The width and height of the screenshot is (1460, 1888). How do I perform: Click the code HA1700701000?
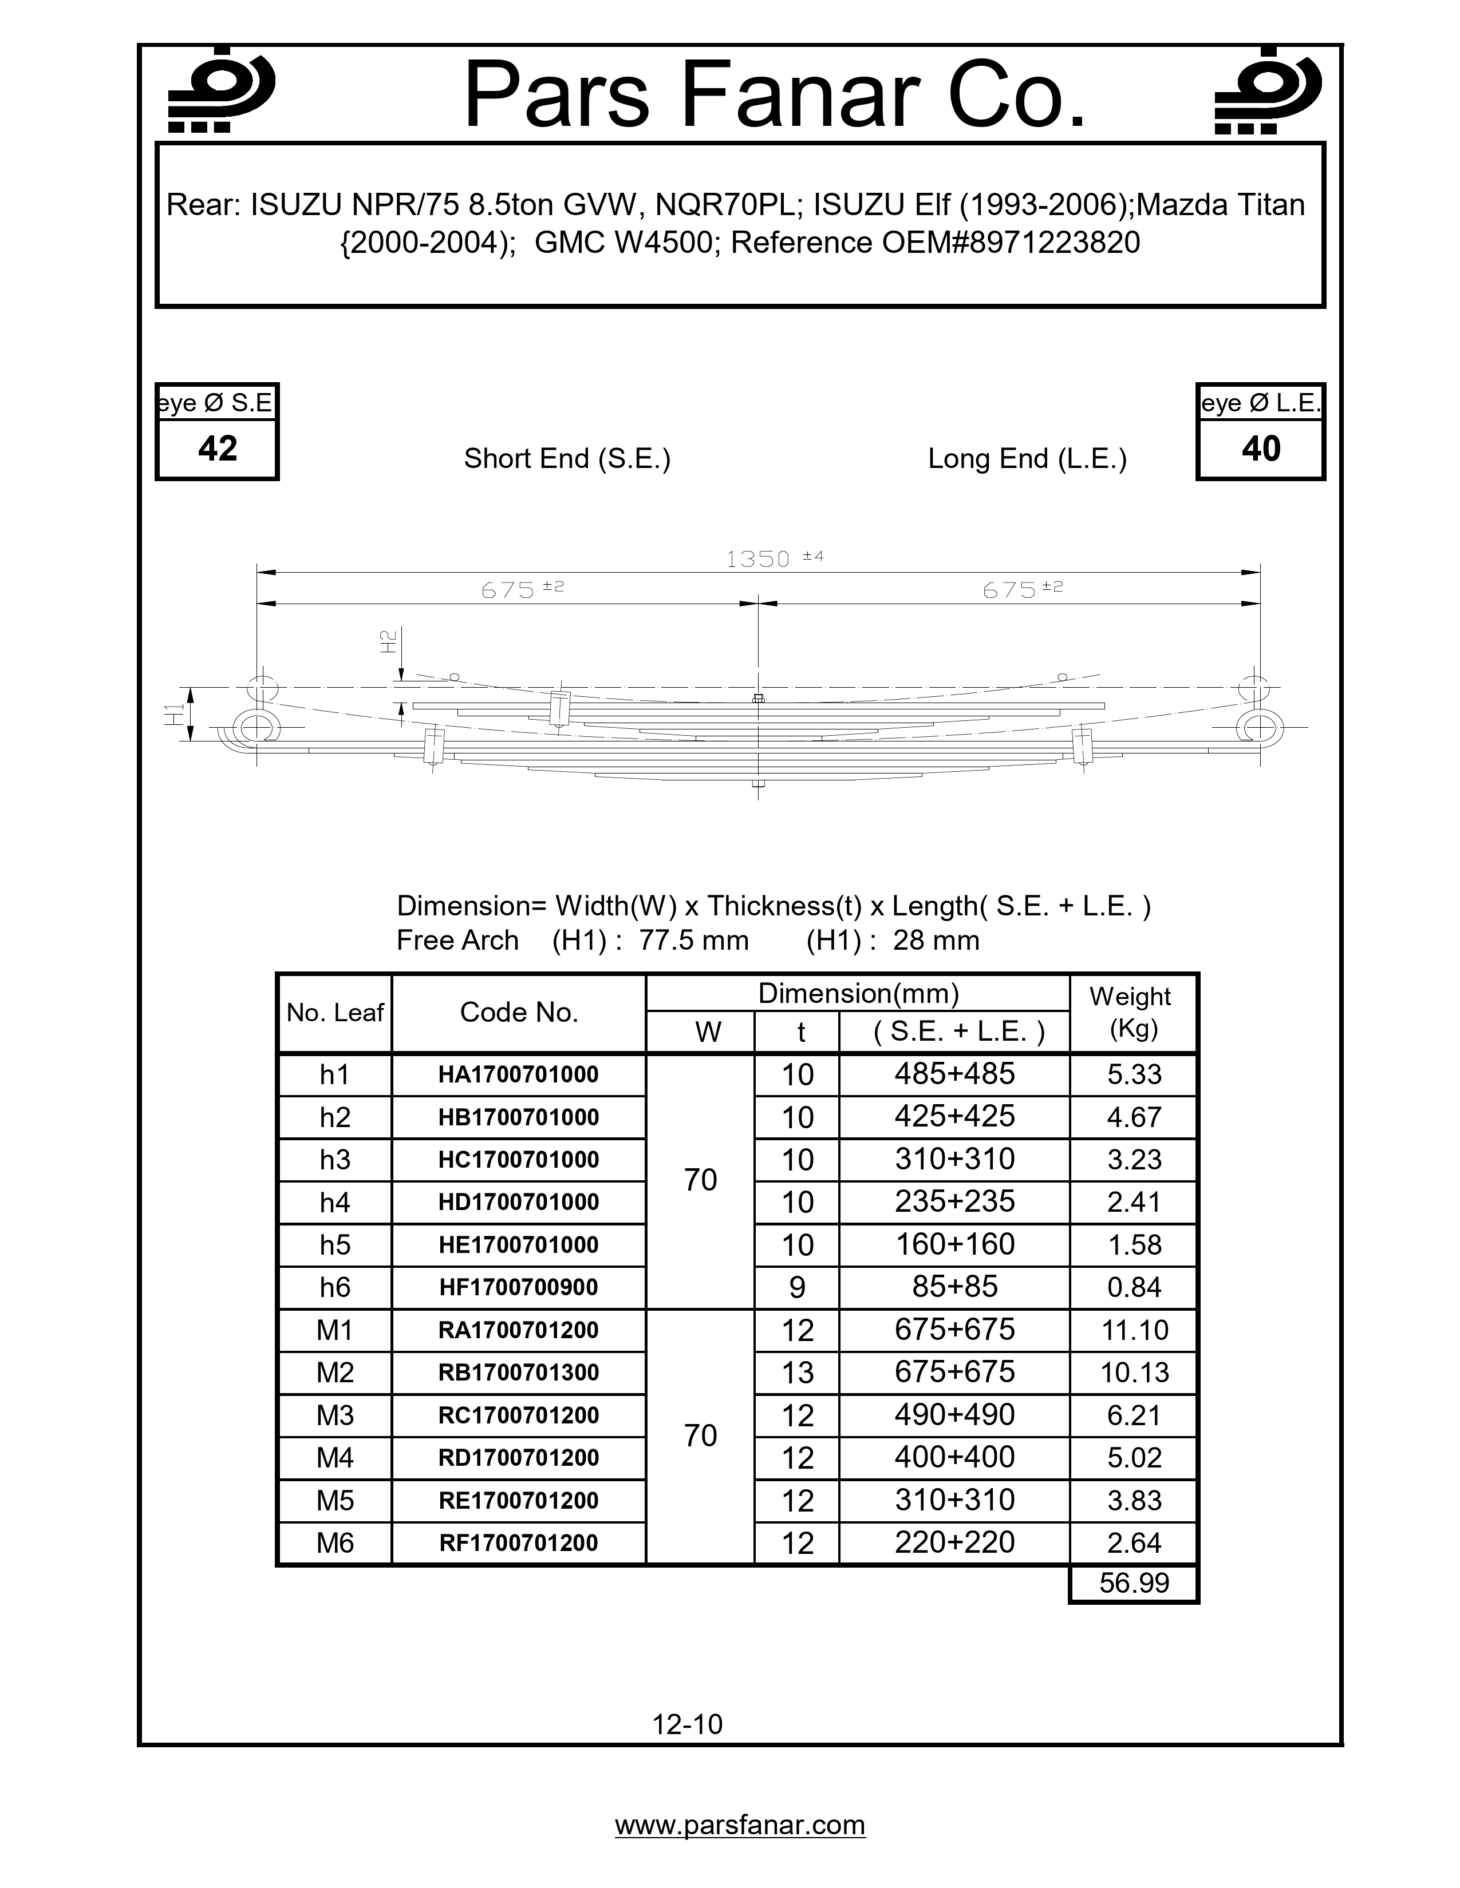[x=518, y=1074]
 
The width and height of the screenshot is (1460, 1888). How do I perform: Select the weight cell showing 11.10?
[x=1134, y=1330]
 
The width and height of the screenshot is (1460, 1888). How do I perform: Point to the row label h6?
[x=335, y=1287]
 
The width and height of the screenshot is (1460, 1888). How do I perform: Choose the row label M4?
[x=335, y=1458]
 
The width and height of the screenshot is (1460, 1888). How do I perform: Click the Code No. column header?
[x=518, y=1012]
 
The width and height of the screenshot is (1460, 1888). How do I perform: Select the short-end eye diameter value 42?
[x=217, y=449]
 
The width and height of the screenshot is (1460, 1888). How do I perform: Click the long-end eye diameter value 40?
[x=1260, y=449]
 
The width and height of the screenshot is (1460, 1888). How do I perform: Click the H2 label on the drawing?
[x=388, y=641]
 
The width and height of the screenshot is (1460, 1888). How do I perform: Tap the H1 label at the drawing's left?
[x=176, y=714]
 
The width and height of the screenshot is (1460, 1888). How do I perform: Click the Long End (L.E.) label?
[x=1027, y=458]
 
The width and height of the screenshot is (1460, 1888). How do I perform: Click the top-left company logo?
[x=220, y=90]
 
